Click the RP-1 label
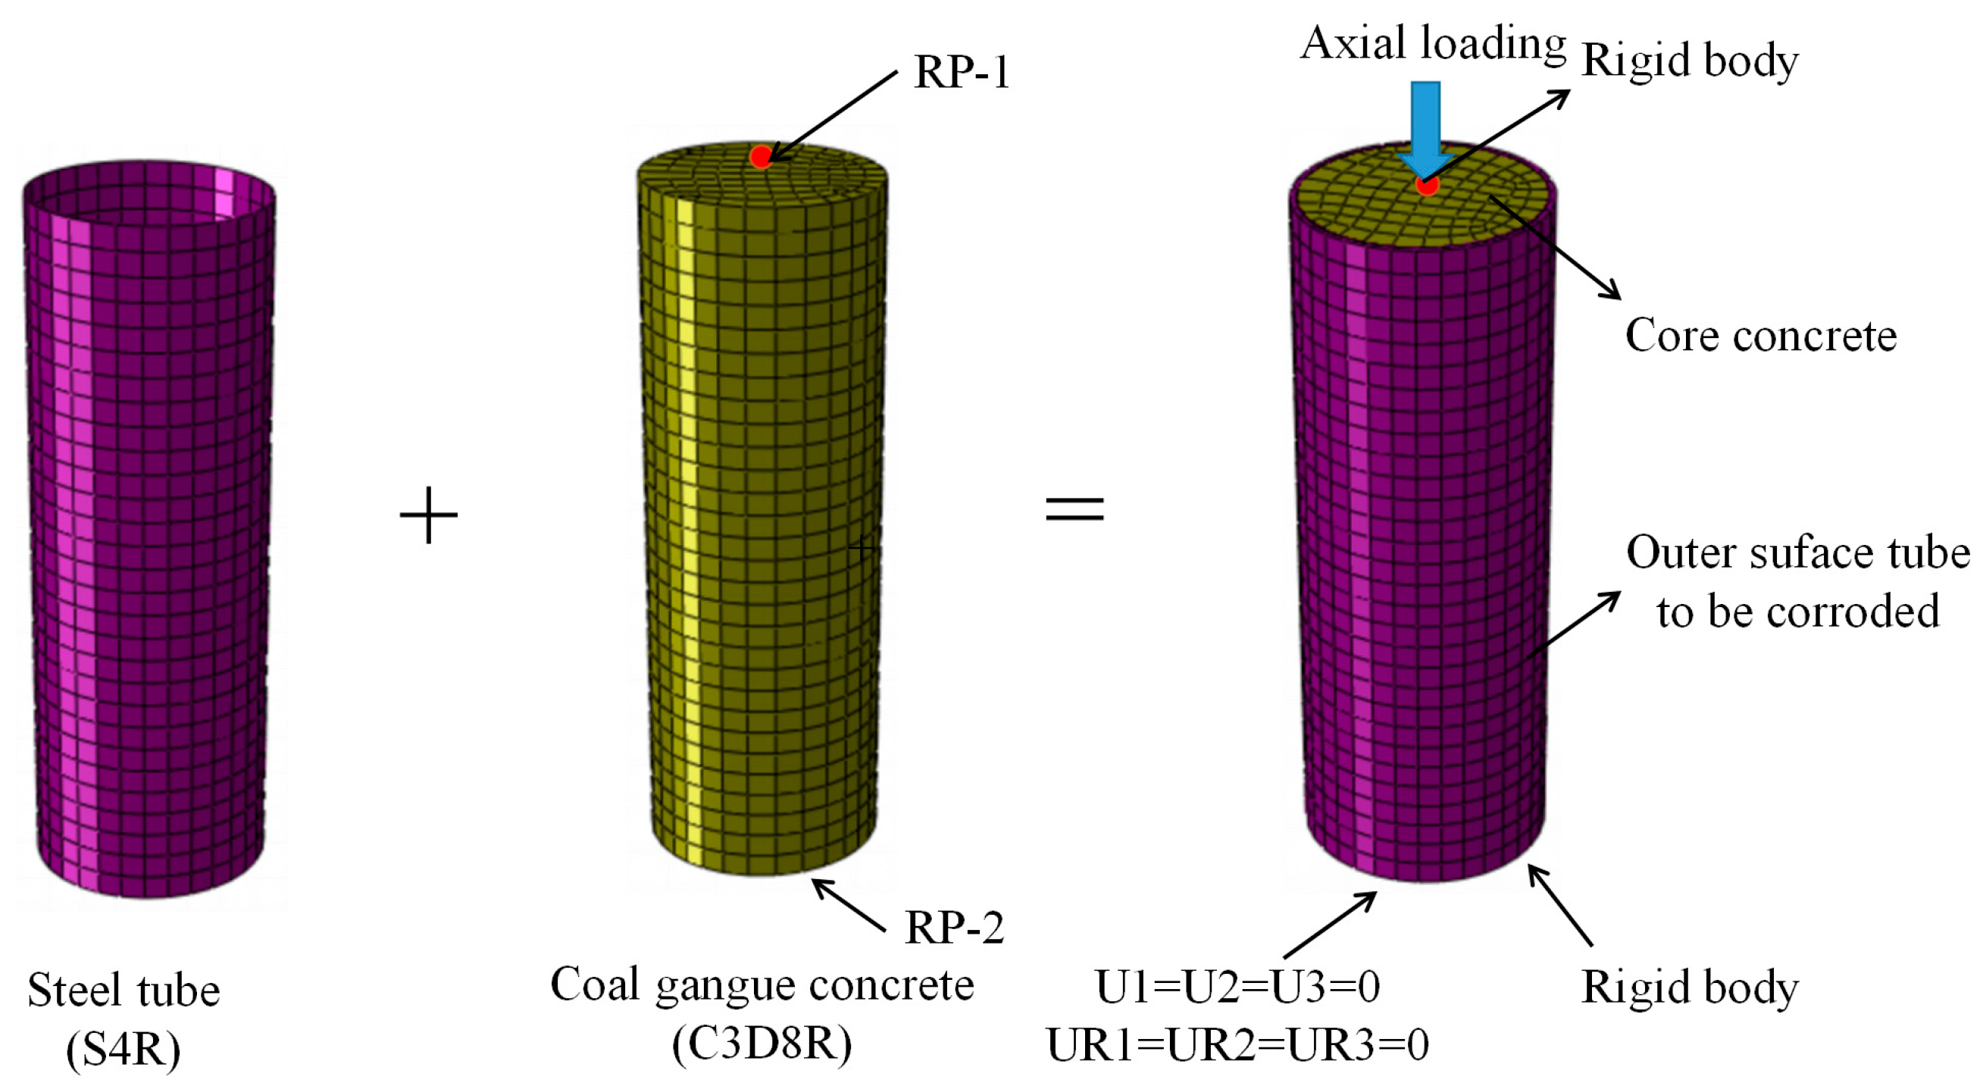(961, 73)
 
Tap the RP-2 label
(954, 928)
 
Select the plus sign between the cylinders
(429, 515)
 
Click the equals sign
(1074, 509)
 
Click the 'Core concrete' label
(1760, 336)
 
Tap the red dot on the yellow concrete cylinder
(761, 157)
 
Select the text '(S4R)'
(124, 1048)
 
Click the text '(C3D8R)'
(762, 1044)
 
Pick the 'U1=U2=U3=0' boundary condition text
(1237, 988)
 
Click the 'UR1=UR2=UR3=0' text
(1237, 1045)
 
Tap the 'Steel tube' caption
(124, 991)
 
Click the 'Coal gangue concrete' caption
(762, 985)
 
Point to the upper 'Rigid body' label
(1689, 61)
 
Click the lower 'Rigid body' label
(1689, 988)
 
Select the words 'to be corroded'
(1797, 612)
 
